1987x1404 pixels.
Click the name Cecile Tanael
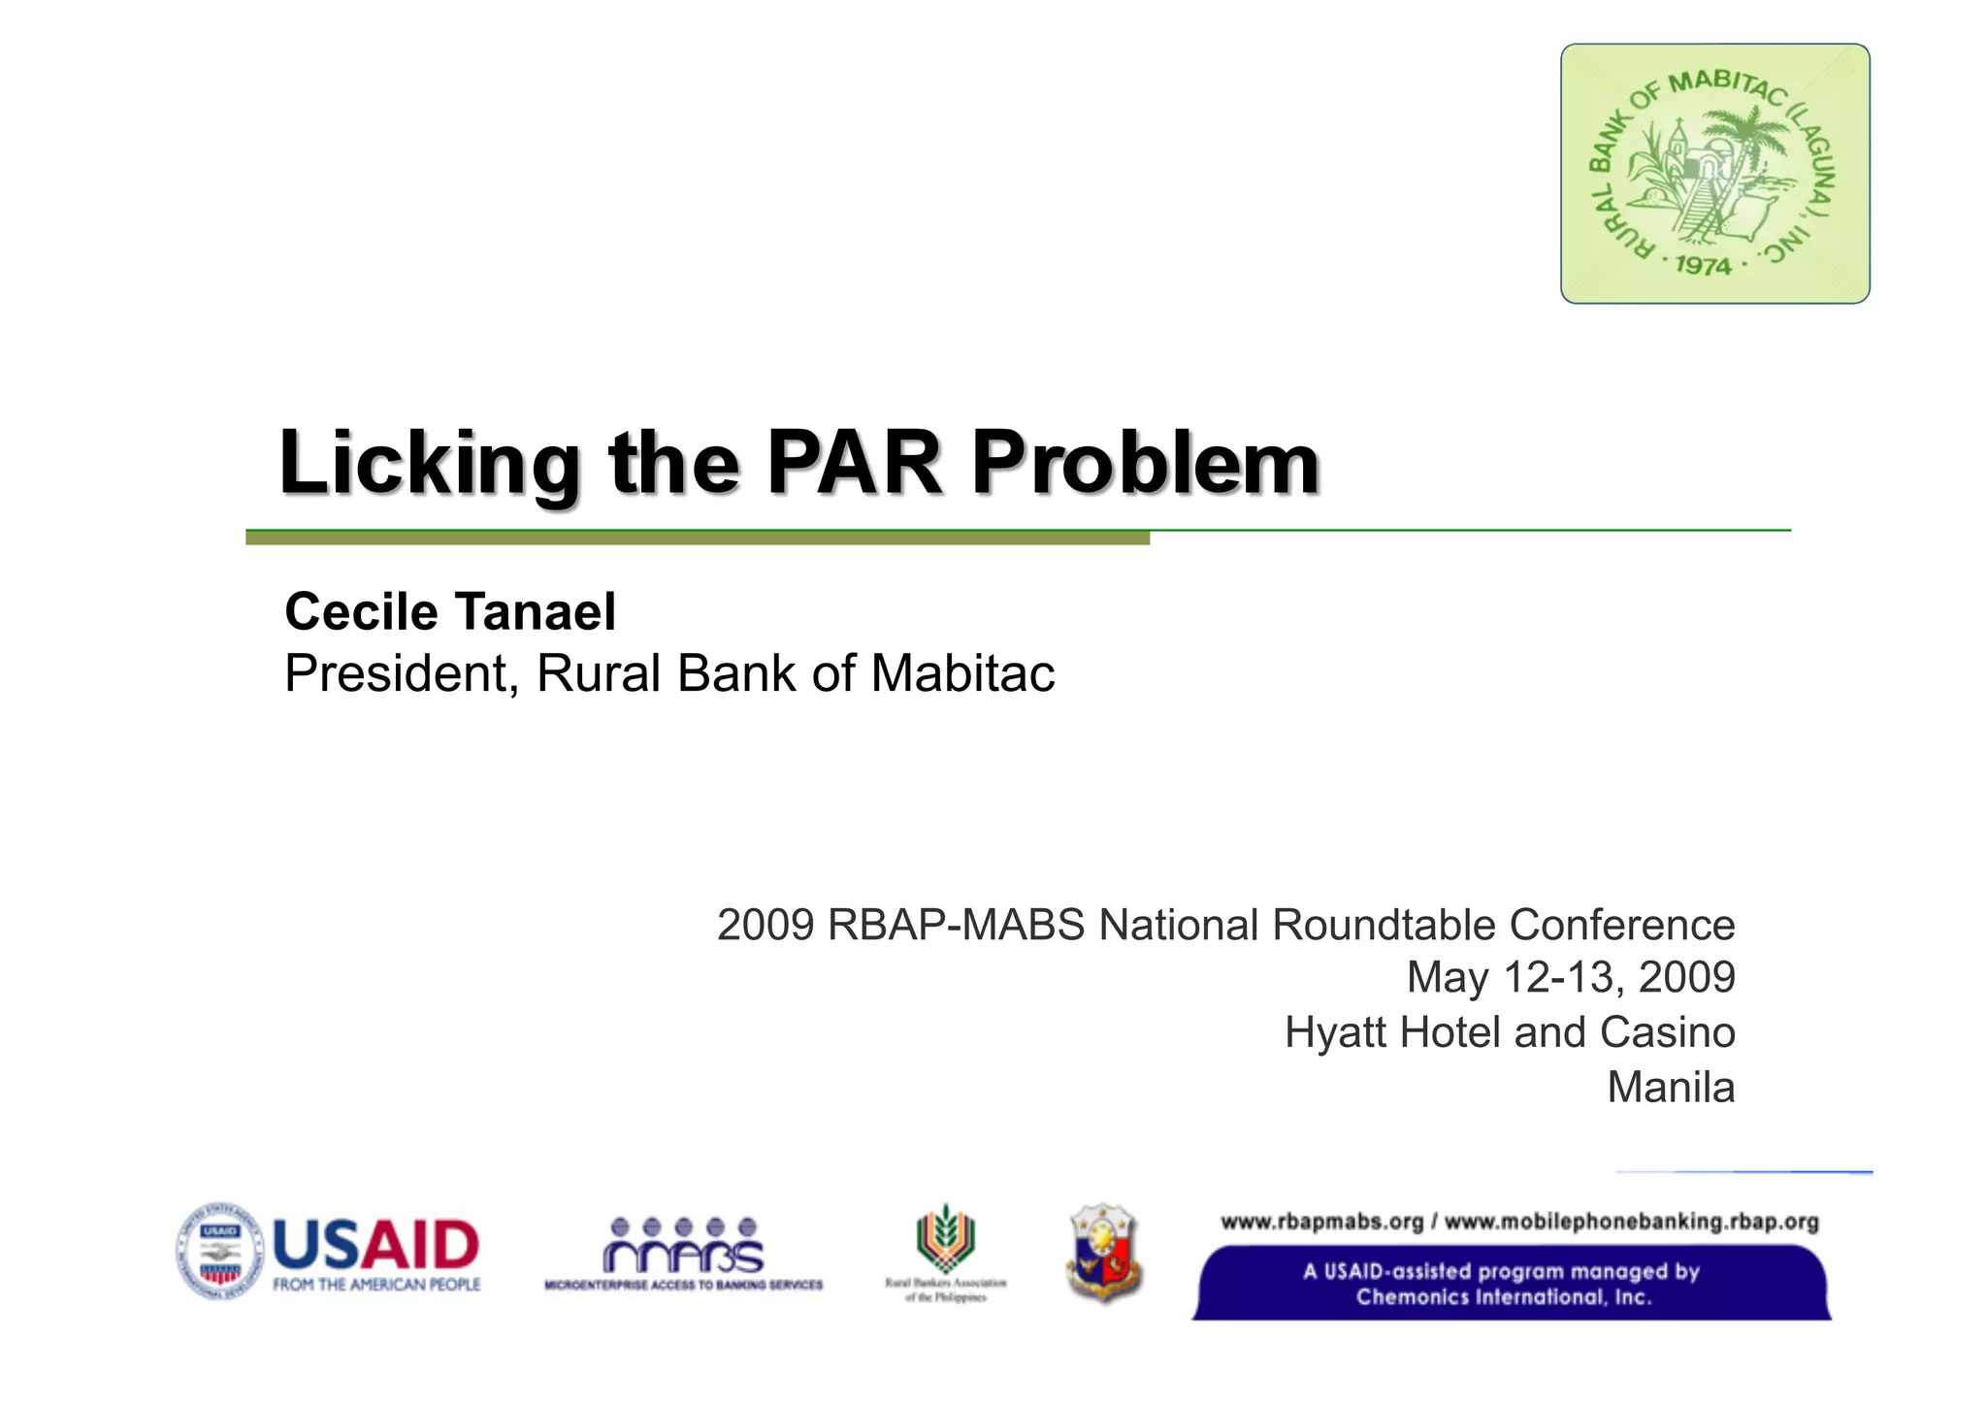450,612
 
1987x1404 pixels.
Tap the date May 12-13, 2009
1570,977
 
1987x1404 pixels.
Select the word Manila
1671,1087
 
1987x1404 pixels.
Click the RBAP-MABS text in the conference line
955,925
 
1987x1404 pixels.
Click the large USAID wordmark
376,1245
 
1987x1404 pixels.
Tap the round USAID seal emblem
219,1253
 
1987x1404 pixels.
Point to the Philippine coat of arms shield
1103,1253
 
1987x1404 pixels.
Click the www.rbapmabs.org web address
1321,1222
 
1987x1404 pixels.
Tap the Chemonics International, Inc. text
1503,1297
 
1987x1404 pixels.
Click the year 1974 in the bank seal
1703,265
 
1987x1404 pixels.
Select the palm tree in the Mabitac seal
1751,146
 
